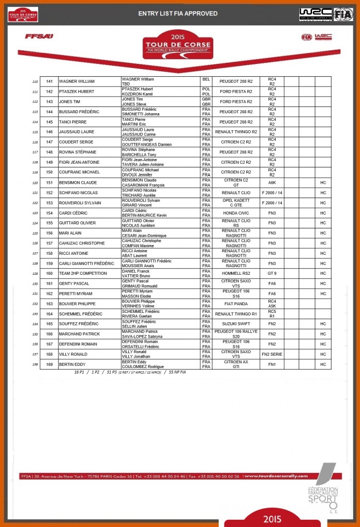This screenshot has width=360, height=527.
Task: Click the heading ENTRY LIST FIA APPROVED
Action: [178, 13]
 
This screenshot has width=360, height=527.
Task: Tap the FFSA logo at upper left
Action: [39, 37]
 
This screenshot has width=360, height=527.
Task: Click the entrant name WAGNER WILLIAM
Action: [77, 81]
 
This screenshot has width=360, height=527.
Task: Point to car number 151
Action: [49, 183]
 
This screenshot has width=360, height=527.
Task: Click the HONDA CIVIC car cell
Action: [235, 213]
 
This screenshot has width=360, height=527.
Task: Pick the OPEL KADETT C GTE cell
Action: [235, 203]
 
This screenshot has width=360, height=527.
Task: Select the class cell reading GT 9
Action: [272, 273]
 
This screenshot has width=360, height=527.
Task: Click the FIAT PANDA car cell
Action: [235, 304]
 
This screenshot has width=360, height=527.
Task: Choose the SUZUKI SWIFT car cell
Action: [235, 324]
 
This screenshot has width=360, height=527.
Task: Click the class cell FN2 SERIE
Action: [272, 354]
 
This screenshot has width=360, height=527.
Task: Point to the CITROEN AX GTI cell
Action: [235, 364]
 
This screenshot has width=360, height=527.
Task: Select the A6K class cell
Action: [272, 183]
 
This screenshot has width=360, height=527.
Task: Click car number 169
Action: [49, 364]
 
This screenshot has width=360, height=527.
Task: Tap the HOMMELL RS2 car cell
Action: [235, 273]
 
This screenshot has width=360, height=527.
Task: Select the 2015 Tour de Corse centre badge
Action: [178, 44]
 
